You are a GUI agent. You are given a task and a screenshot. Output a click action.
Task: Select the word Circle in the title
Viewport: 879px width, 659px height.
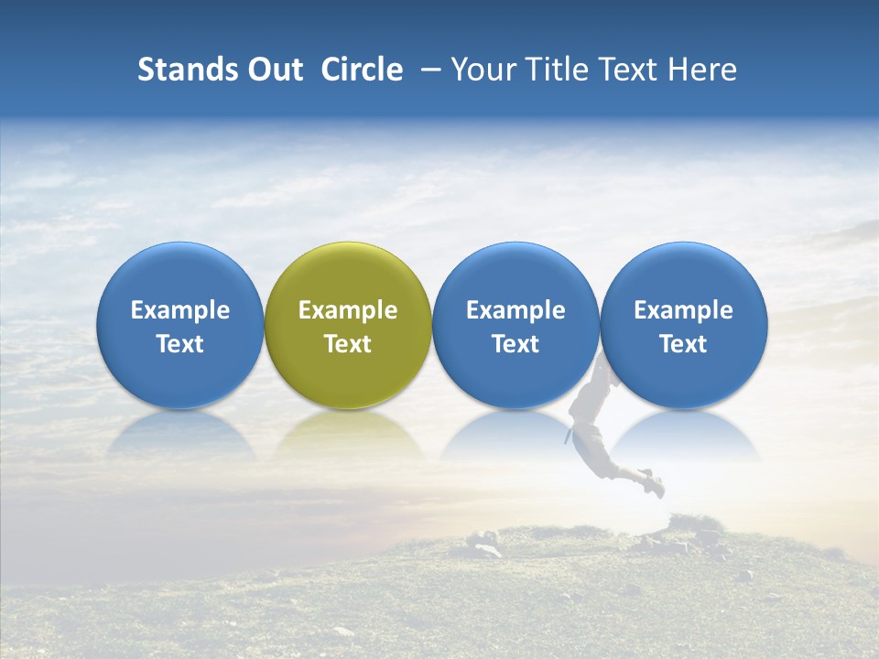(x=362, y=70)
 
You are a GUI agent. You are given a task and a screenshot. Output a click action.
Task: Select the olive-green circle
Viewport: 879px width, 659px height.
(x=348, y=275)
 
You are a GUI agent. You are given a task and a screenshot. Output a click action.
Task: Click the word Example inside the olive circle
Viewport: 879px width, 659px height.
(x=348, y=310)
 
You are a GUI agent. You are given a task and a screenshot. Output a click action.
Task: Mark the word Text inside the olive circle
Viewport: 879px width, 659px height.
(x=348, y=344)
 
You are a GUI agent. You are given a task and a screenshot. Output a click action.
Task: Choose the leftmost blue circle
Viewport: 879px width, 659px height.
(x=180, y=275)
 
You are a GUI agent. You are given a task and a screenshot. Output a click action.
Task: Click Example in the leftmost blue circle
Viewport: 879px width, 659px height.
(x=180, y=310)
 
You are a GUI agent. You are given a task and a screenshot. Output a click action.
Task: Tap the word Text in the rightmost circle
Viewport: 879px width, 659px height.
(x=683, y=344)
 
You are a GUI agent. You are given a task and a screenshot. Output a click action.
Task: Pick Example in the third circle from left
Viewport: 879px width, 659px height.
(x=515, y=310)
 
